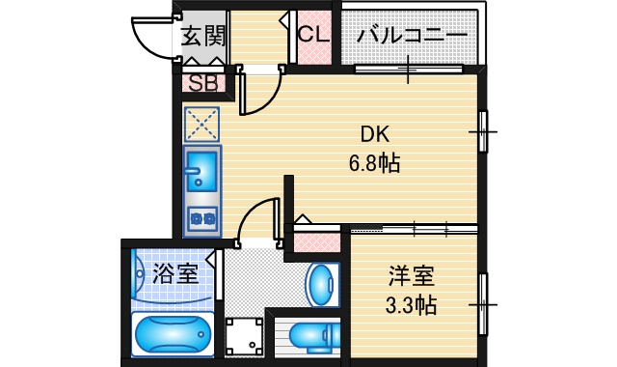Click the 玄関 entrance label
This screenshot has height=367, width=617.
(203, 37)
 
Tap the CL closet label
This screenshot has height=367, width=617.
(313, 34)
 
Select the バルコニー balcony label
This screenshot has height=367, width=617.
(412, 36)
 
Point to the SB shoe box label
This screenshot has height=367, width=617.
(203, 83)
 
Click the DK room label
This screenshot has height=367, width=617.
(375, 134)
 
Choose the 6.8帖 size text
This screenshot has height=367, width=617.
(375, 162)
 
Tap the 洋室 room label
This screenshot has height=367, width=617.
(412, 276)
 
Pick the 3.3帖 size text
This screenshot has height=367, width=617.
(412, 305)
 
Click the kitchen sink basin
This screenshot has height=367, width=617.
(201, 171)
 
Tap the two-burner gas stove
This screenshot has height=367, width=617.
(202, 218)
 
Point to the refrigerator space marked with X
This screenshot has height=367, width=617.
(201, 125)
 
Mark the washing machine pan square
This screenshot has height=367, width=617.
(244, 336)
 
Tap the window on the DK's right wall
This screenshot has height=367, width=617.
(482, 131)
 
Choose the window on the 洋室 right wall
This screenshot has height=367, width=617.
(482, 304)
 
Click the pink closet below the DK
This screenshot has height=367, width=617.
(317, 242)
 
